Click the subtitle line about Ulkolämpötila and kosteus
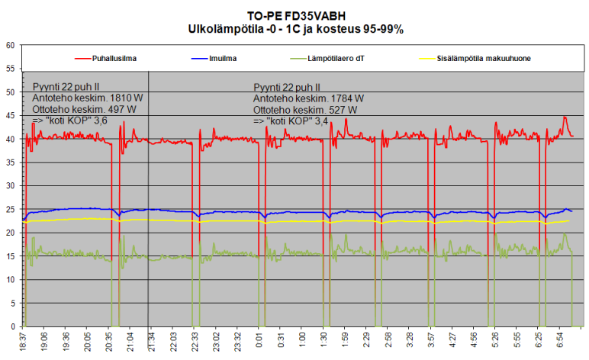point(295,29)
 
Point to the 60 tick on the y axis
point(11,45)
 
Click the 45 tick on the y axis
point(11,115)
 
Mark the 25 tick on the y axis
point(11,209)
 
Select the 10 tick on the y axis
point(11,279)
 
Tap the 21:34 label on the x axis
point(150,340)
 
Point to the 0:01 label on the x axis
point(259,340)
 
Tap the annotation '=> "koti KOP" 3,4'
point(291,120)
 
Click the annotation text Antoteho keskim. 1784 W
point(308,98)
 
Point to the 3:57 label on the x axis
point(432,340)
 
